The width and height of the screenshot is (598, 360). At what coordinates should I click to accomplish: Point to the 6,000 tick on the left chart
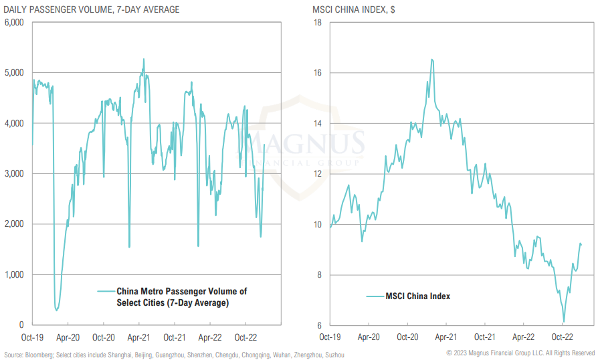[x=14, y=22]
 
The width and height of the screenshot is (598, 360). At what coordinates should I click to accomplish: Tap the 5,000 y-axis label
[x=14, y=72]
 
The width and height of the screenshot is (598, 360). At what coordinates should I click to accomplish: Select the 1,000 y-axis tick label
[x=14, y=274]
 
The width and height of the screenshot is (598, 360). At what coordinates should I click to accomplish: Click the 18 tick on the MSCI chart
[x=318, y=22]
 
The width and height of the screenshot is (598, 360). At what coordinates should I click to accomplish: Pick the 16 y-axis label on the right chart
[x=318, y=72]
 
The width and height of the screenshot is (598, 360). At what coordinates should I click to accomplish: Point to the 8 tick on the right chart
[x=320, y=274]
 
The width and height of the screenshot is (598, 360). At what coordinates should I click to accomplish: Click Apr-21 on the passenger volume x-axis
[x=139, y=338]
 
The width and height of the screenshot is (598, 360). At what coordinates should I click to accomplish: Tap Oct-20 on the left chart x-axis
[x=103, y=338]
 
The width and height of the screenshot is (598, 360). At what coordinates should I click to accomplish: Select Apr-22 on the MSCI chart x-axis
[x=522, y=338]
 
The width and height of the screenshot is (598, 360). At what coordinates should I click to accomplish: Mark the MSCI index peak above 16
[x=432, y=60]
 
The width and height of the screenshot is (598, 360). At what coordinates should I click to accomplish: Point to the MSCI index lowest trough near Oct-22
[x=564, y=322]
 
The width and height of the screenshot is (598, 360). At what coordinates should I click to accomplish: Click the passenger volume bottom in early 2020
[x=57, y=310]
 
